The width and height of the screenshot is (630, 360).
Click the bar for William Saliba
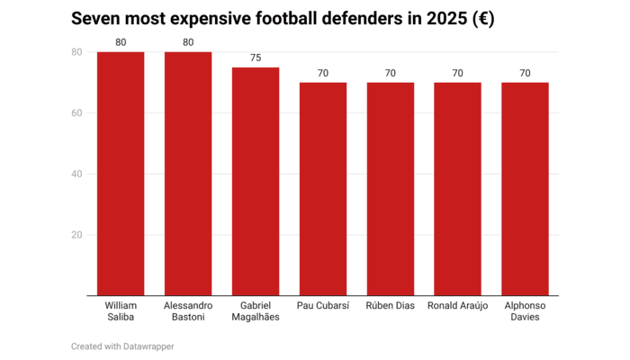pos(121,174)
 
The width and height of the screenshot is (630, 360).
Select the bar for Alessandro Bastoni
pos(188,174)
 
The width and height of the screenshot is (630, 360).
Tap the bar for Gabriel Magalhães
pos(256,181)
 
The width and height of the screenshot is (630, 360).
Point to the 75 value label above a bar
pos(256,58)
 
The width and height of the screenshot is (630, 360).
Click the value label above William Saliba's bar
pos(121,42)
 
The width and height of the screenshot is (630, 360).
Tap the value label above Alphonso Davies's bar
pos(525,73)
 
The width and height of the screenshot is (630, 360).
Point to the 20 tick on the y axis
pos(76,235)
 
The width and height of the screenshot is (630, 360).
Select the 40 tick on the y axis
pos(76,174)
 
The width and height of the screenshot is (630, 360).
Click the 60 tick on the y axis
pos(76,113)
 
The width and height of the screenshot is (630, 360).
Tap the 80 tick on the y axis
pos(76,52)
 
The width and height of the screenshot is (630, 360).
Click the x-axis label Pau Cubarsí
pos(323,306)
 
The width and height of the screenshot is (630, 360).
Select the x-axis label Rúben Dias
pos(391,306)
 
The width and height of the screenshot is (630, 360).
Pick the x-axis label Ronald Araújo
pos(457,306)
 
